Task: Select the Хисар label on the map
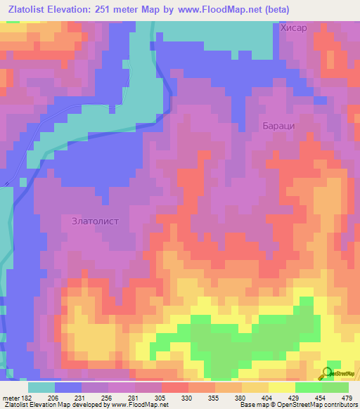pyautogui.click(x=294, y=28)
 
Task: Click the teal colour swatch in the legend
pyautogui.click(x=41, y=387)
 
